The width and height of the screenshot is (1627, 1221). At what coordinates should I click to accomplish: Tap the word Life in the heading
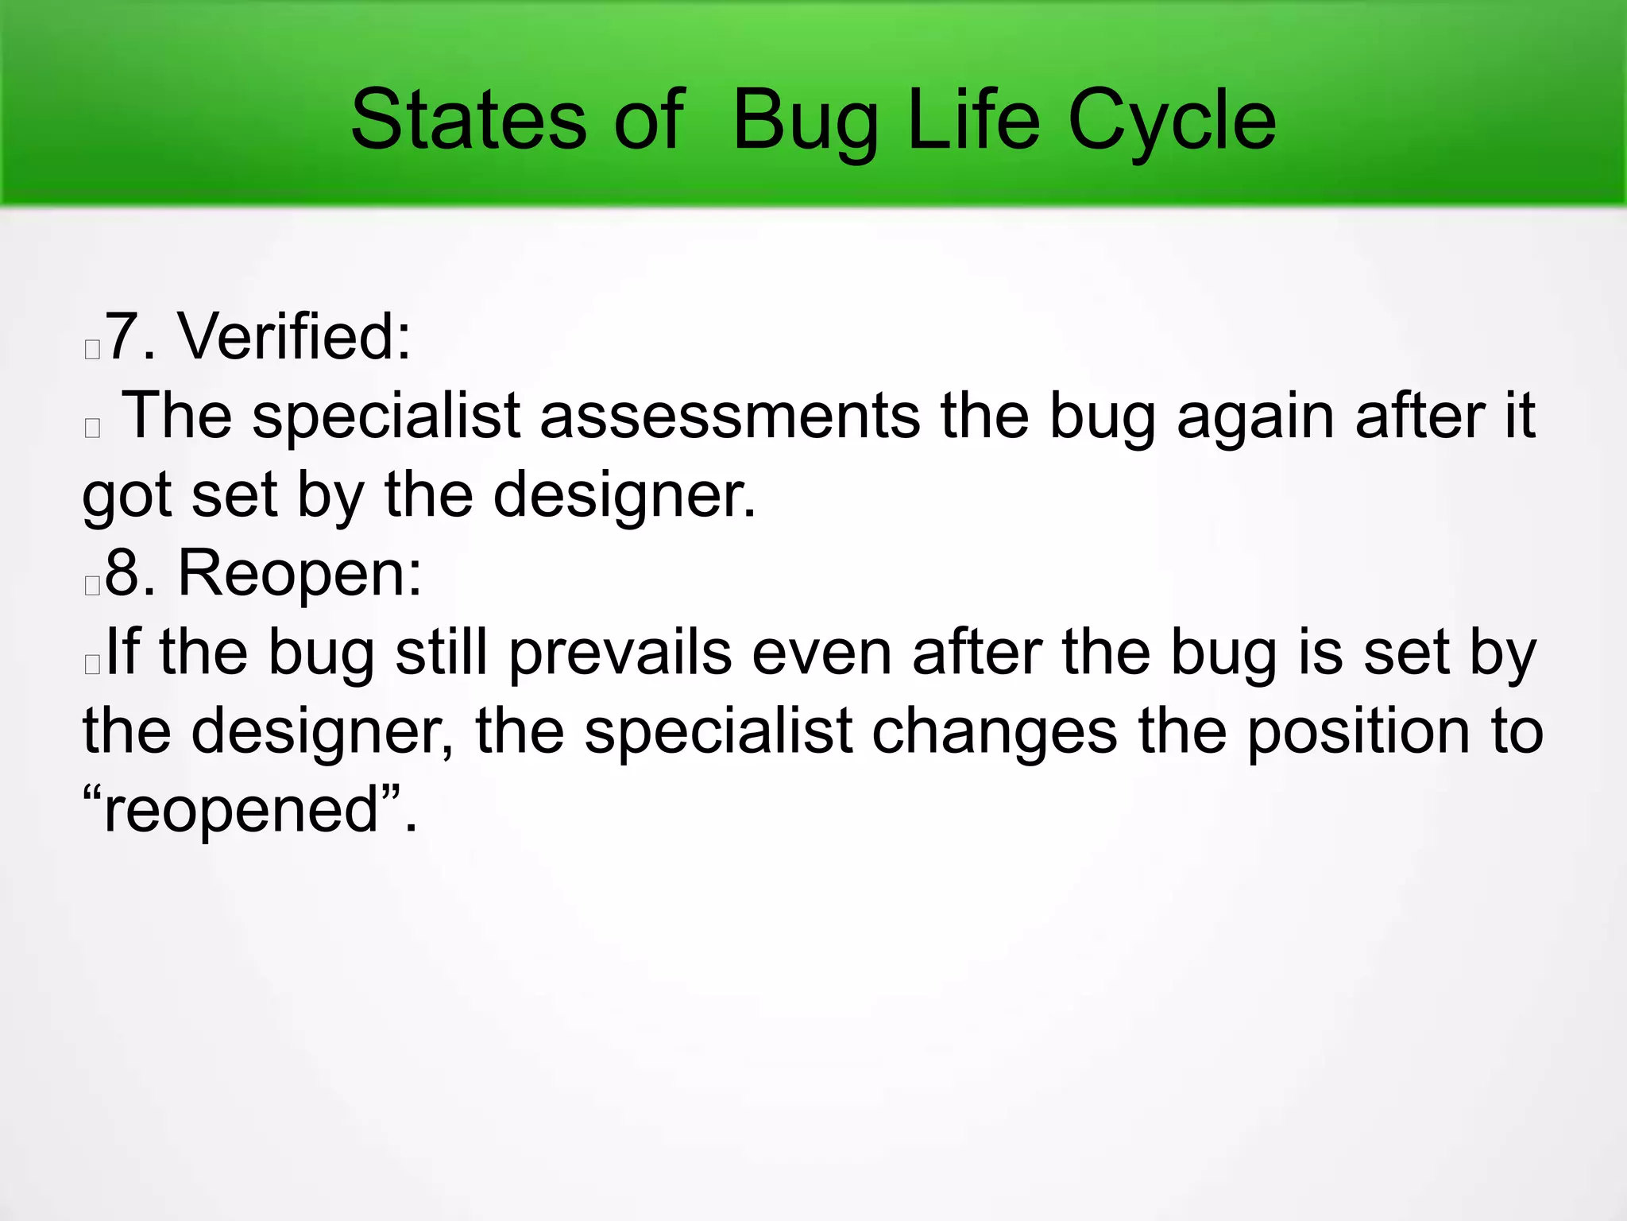tap(973, 121)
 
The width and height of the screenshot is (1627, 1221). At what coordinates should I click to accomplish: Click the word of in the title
tap(648, 121)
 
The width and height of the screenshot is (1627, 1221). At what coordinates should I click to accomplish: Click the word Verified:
tap(294, 337)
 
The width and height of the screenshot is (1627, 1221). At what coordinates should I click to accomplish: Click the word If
tap(122, 653)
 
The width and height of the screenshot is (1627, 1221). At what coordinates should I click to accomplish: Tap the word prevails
tap(620, 653)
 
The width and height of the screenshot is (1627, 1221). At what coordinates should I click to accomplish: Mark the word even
tap(821, 653)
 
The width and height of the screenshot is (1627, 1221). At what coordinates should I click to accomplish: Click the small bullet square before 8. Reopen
tap(92, 586)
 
